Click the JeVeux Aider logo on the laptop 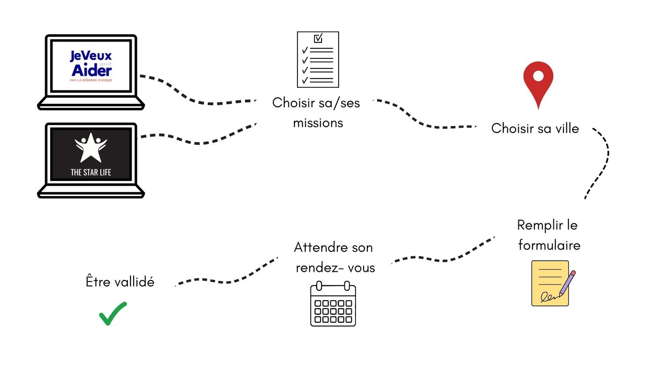pos(91,64)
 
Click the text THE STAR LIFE pos(91,173)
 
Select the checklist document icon pos(318,59)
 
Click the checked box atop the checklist pos(318,38)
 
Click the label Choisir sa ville pos(535,128)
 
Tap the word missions pos(318,123)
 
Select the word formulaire pos(549,245)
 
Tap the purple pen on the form pos(567,283)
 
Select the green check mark pos(112,313)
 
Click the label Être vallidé pos(120,282)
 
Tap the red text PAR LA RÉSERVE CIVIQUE pos(91,80)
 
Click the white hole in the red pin pos(538,76)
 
